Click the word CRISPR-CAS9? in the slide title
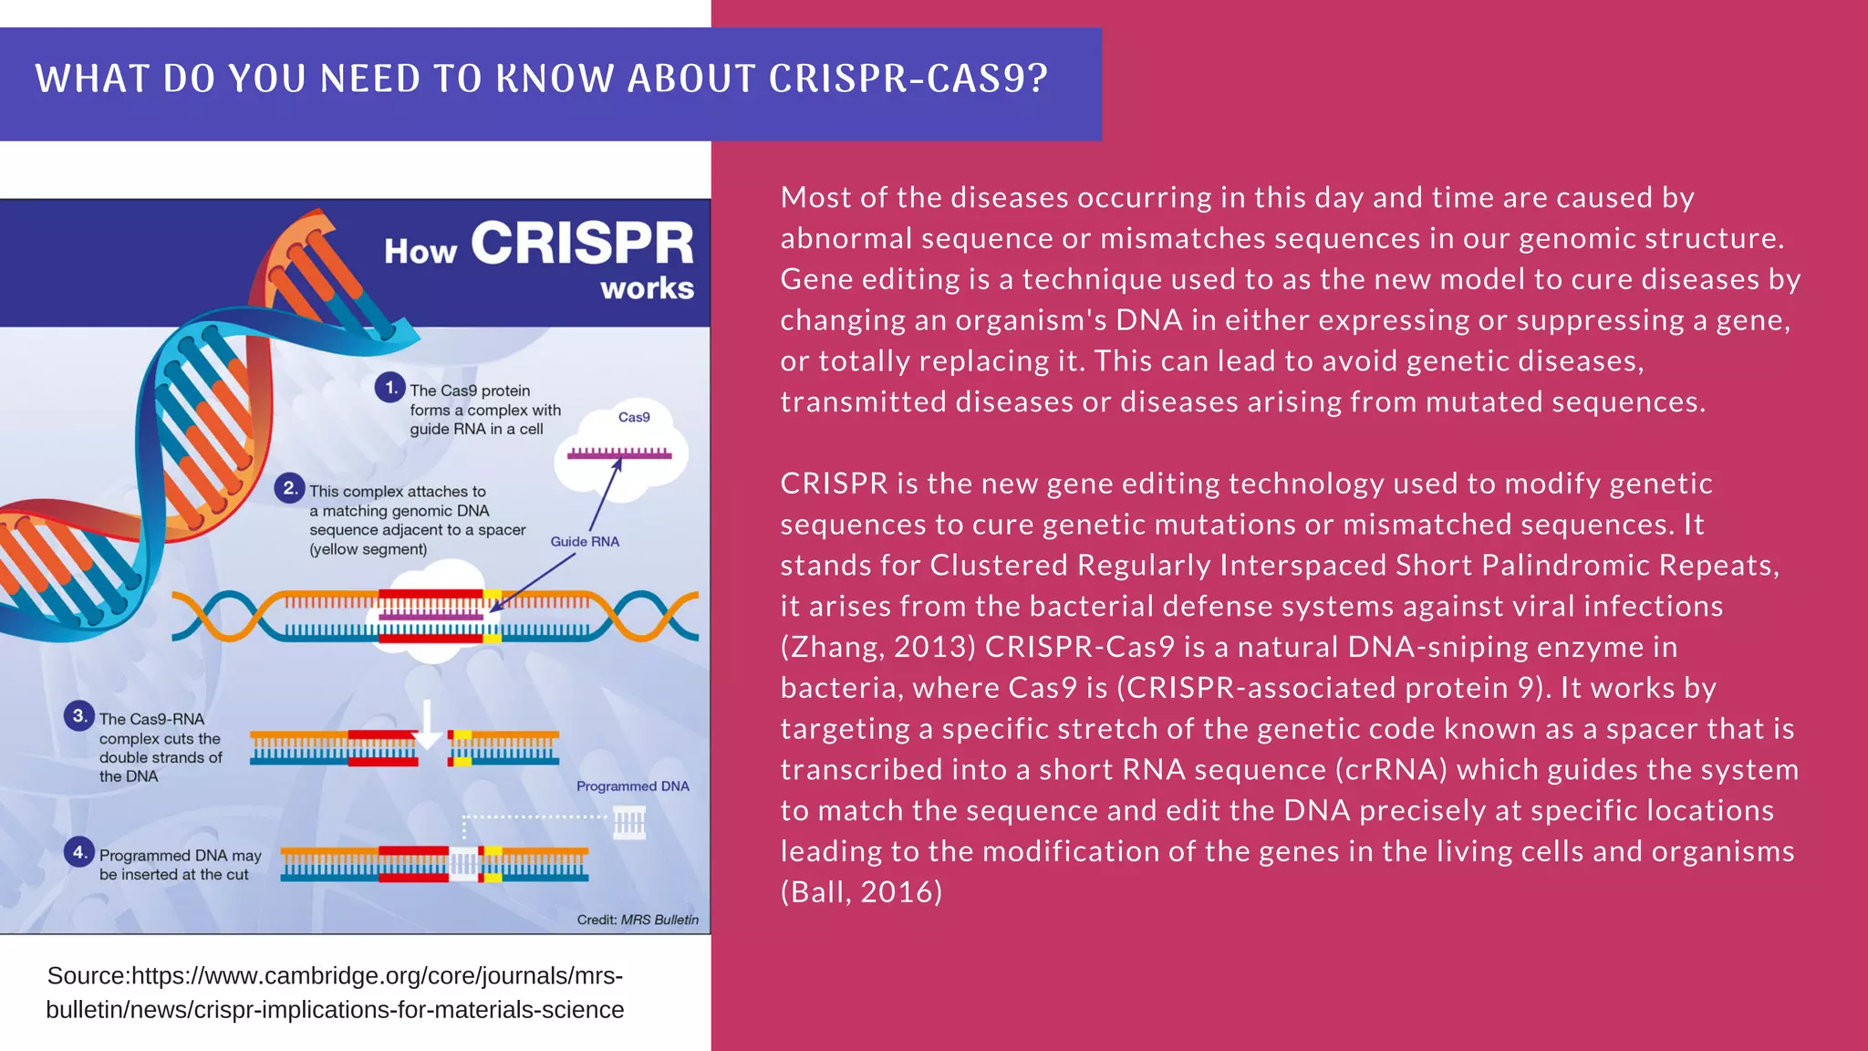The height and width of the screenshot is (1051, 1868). point(908,79)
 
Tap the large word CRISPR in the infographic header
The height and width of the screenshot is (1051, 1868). point(582,244)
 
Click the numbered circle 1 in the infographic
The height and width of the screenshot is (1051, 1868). point(390,387)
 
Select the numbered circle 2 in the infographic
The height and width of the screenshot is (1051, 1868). point(289,488)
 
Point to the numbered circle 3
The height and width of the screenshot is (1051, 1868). point(79,715)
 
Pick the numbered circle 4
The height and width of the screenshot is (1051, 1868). point(79,852)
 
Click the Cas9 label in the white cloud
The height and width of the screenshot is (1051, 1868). point(634,417)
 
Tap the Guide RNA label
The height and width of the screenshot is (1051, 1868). point(585,541)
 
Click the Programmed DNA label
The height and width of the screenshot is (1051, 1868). point(632,786)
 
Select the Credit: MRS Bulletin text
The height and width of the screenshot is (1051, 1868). point(638,920)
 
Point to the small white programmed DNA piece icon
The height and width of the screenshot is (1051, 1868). point(629,824)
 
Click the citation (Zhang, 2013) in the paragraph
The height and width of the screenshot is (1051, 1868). point(878,647)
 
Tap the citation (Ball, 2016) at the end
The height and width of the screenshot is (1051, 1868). point(861,891)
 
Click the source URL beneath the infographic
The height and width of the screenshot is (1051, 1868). point(335,993)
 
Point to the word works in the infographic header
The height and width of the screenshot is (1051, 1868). point(647,288)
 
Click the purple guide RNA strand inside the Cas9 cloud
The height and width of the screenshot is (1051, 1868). point(619,453)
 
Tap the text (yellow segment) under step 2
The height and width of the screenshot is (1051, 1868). point(368,549)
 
